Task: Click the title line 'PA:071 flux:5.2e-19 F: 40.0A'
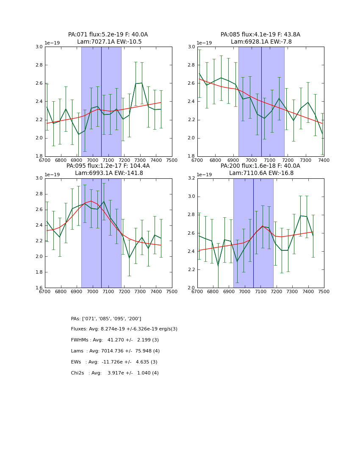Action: point(108,35)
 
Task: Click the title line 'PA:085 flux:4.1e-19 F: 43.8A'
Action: point(260,35)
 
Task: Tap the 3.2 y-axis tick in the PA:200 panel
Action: point(191,178)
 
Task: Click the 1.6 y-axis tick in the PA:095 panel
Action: point(39,288)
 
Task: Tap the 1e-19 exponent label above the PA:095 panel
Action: point(53,175)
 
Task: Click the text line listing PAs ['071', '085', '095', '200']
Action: point(106,319)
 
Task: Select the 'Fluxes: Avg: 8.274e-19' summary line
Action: point(124,329)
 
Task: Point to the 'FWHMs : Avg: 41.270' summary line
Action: point(115,340)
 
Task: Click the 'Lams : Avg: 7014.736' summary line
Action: point(115,351)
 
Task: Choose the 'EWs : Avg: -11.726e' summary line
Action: point(114,362)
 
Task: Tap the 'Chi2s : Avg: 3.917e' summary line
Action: point(115,373)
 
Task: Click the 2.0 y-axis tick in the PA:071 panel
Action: point(39,138)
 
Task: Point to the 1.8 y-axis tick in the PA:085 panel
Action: point(191,156)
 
